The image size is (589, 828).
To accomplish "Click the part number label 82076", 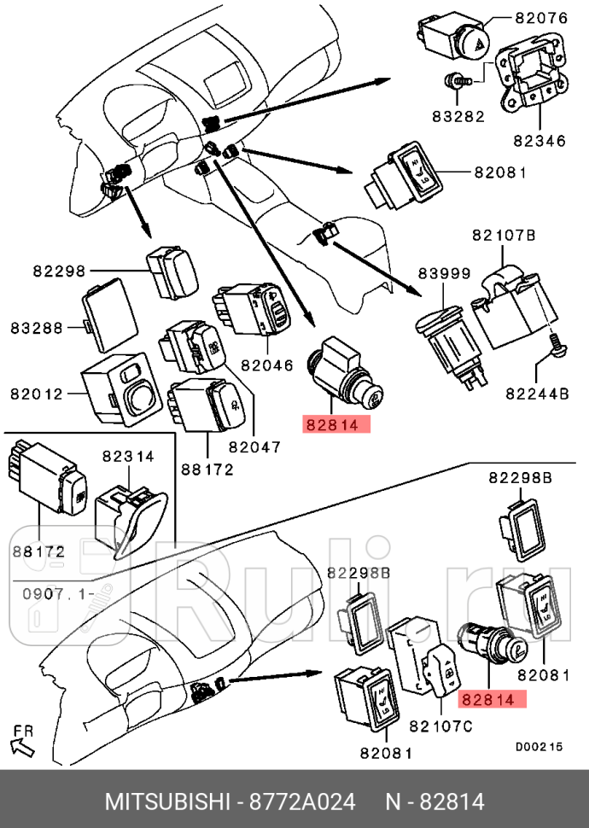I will click(543, 16).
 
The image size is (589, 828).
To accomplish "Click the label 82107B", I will click(504, 235).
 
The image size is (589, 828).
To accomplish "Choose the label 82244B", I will click(537, 394).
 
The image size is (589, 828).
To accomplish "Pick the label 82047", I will click(255, 445).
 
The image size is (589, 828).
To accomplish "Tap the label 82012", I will click(37, 394).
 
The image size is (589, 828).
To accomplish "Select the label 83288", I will click(37, 327).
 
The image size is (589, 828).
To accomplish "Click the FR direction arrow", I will click(24, 740).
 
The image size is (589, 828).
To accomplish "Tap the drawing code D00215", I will click(539, 745).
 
